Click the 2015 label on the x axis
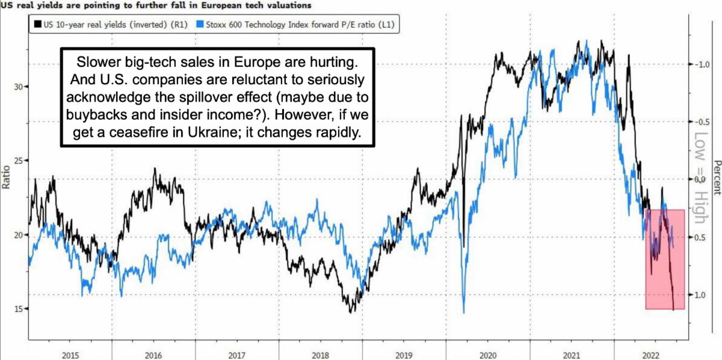click(x=70, y=355)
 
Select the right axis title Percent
click(x=716, y=178)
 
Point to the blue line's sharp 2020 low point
click(x=464, y=312)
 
